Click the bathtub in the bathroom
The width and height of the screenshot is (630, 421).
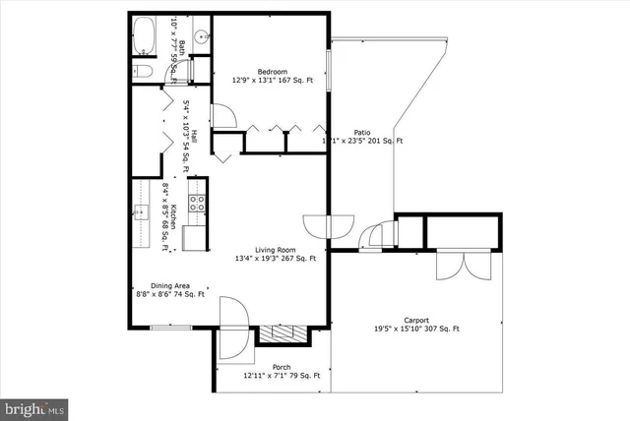[145, 37]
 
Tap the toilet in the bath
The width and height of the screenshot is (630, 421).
[143, 71]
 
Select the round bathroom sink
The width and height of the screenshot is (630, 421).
[202, 37]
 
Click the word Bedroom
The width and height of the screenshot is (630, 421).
[273, 72]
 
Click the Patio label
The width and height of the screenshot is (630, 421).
[361, 132]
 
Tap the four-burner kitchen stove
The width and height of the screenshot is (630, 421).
[197, 204]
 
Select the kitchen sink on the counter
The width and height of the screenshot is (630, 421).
[140, 211]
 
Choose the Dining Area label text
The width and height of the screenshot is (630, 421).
[157, 284]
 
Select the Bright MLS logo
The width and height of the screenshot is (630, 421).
[34, 405]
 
